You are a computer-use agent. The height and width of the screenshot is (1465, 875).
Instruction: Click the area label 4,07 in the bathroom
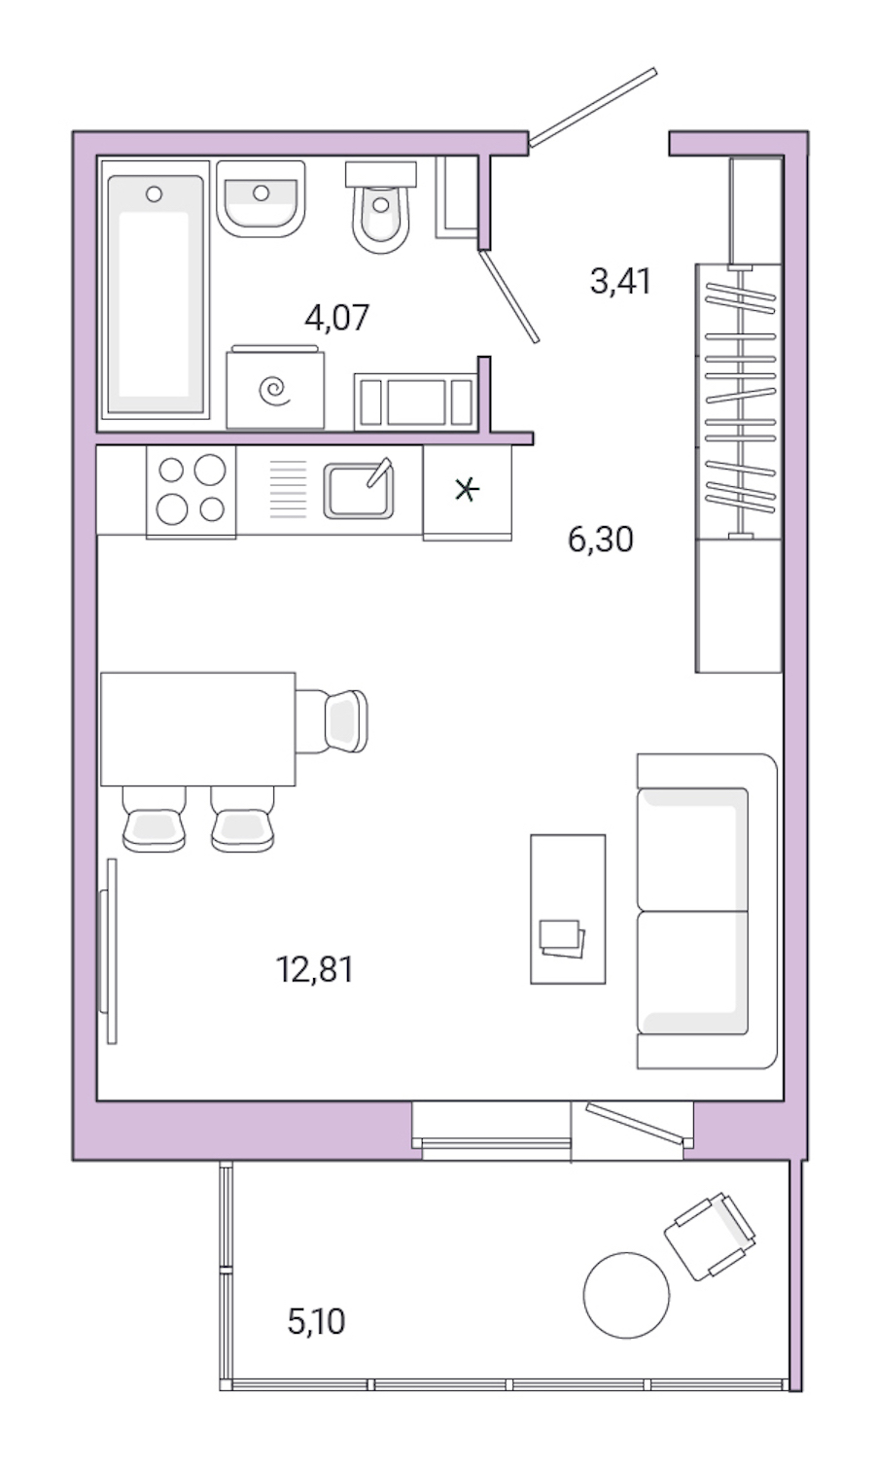tap(337, 317)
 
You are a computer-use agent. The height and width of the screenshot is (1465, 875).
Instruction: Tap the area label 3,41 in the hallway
tap(619, 281)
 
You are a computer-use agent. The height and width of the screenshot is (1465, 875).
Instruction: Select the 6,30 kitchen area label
tap(600, 538)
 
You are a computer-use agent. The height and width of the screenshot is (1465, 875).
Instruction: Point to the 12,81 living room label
tap(314, 968)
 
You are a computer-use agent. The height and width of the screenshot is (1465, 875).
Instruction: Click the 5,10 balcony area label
tap(316, 1321)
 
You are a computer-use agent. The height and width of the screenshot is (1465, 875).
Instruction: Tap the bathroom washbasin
tap(261, 200)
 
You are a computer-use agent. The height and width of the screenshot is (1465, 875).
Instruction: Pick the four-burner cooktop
tap(191, 490)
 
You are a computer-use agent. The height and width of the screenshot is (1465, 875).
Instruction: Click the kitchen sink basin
tap(358, 490)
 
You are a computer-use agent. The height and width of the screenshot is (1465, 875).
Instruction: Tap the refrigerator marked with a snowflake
tap(467, 491)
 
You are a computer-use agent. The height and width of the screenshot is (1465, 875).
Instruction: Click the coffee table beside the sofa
tap(567, 909)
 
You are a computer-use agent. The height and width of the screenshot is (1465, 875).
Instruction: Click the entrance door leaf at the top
tap(593, 107)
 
